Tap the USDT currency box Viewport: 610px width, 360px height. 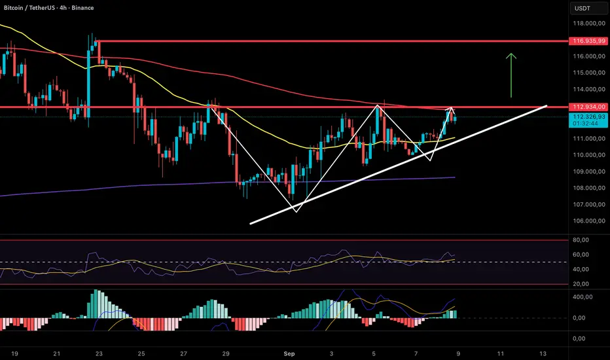pyautogui.click(x=582, y=8)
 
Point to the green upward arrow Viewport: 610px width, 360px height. pyautogui.click(x=512, y=75)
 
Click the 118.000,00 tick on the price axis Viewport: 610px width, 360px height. pyautogui.click(x=586, y=24)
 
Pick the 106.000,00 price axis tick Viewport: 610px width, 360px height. pyautogui.click(x=586, y=221)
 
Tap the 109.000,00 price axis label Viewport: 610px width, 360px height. pyautogui.click(x=586, y=171)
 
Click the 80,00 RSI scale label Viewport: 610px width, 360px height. pyautogui.click(x=581, y=240)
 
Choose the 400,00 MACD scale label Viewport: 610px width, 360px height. pyautogui.click(x=583, y=297)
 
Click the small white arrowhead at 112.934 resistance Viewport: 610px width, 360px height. pyautogui.click(x=451, y=109)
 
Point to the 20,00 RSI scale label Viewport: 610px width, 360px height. pyautogui.click(x=581, y=283)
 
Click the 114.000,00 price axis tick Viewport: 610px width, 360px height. pyautogui.click(x=586, y=90)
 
